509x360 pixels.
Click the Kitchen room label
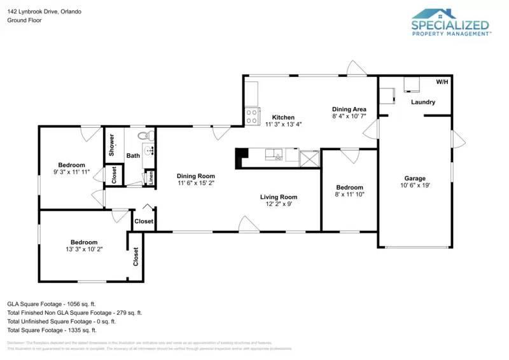(283, 117)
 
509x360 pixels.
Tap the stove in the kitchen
(252, 116)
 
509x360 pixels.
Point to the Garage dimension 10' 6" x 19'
(415, 186)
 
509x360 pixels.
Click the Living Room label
(278, 197)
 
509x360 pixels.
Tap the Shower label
(112, 145)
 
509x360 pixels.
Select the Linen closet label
(151, 178)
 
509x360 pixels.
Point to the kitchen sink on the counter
(275, 154)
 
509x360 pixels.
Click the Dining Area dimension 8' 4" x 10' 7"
(349, 116)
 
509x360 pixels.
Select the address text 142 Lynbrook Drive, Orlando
(39, 11)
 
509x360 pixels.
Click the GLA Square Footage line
(52, 304)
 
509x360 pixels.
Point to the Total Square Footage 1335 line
(52, 330)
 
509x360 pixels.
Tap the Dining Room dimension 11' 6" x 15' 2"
(195, 183)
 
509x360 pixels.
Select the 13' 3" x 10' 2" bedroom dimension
(83, 249)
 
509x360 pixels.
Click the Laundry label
(423, 102)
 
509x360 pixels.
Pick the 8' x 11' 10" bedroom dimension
(349, 195)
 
